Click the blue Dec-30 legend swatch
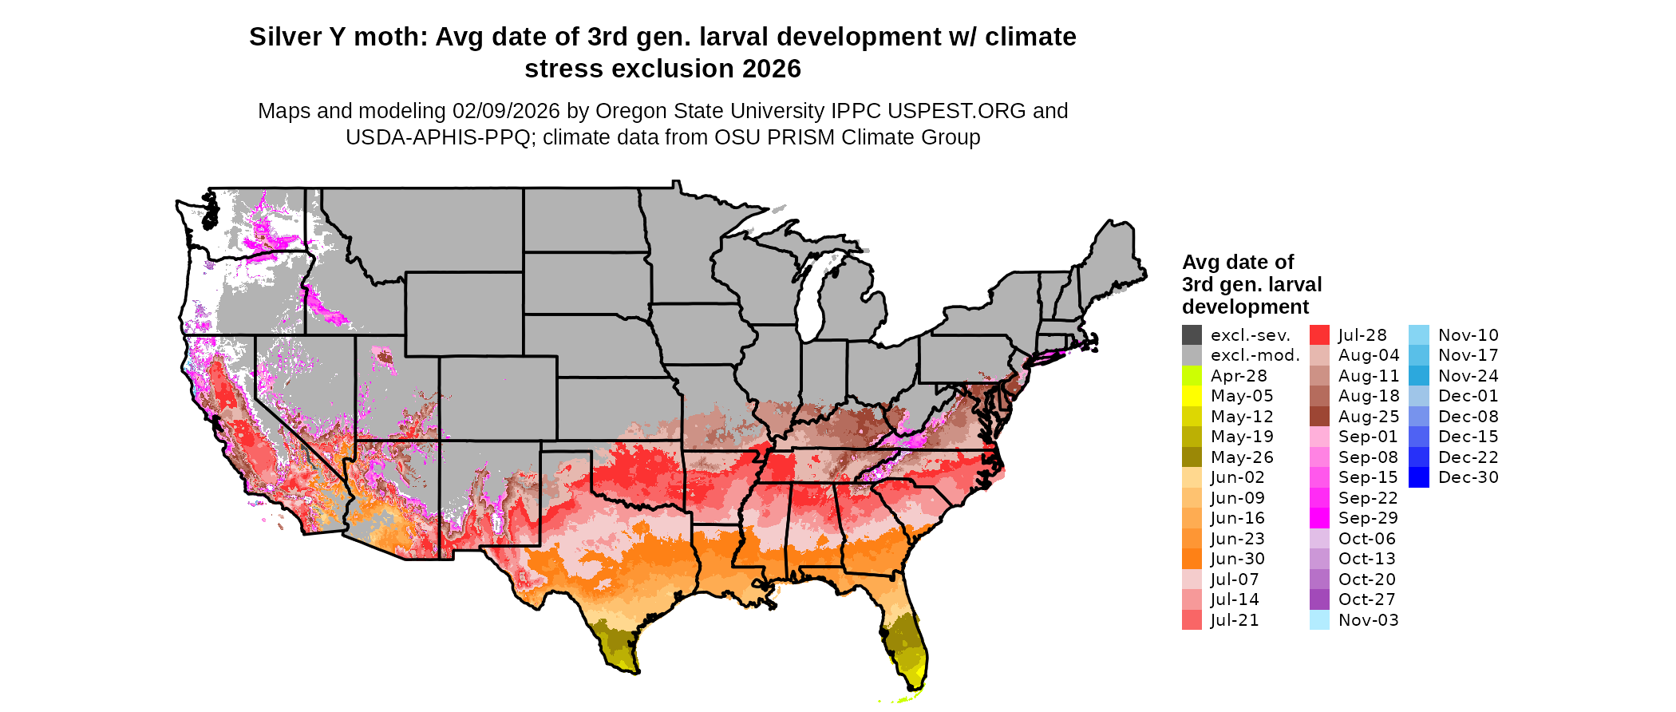(x=1418, y=477)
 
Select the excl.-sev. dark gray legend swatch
(x=1192, y=335)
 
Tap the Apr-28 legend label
(x=1239, y=376)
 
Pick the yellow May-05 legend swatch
(x=1192, y=396)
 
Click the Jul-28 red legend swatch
(x=1319, y=335)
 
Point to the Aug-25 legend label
(x=1369, y=417)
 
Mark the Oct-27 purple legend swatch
(x=1319, y=599)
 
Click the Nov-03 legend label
(x=1369, y=620)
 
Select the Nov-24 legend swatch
(x=1418, y=376)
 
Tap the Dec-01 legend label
(x=1468, y=396)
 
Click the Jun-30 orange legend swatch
(x=1192, y=559)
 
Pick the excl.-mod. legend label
(x=1255, y=355)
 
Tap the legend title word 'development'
(x=1245, y=307)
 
